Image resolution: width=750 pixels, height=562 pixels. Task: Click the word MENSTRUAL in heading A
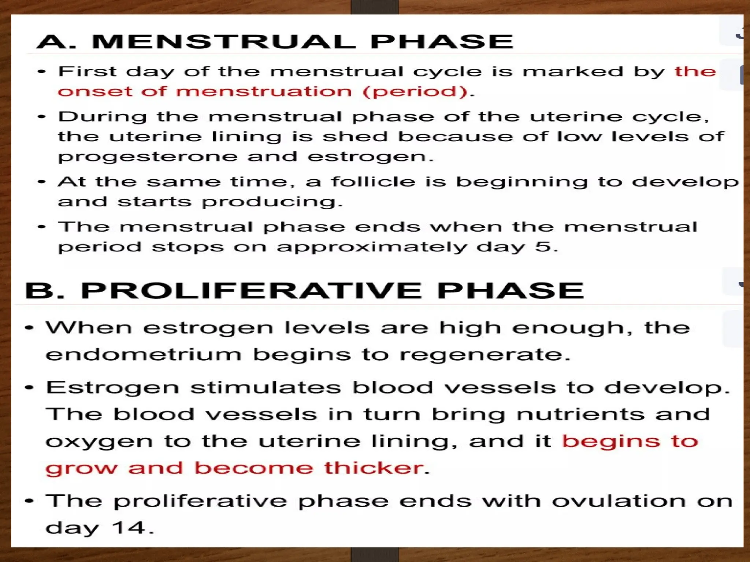[224, 41]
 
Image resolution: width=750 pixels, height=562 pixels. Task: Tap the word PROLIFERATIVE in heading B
[251, 291]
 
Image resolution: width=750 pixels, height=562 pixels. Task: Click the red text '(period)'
[416, 91]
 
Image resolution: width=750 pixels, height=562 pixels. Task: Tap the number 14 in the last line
[128, 528]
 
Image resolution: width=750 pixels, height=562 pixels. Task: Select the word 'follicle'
[373, 182]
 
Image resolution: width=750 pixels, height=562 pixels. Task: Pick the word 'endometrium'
[143, 355]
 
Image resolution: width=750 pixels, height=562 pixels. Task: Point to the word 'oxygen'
[99, 442]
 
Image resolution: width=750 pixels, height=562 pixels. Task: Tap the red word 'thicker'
[374, 468]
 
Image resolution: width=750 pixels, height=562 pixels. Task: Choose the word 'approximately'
[372, 248]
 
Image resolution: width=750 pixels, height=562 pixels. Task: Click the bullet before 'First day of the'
[42, 72]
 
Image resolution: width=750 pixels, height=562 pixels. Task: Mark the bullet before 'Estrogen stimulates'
[29, 387]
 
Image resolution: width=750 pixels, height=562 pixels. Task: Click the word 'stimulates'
[266, 387]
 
